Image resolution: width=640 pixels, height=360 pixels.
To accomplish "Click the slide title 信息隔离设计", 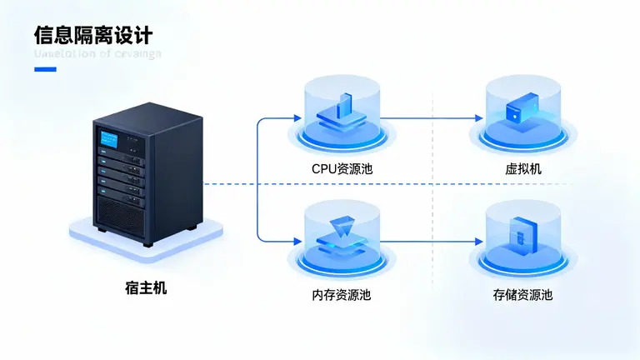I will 93,34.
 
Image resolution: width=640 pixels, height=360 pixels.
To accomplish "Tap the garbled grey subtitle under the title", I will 97,54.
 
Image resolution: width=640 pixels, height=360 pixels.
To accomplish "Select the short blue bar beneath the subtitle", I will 45,69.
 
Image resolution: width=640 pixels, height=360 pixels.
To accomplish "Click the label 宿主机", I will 146,288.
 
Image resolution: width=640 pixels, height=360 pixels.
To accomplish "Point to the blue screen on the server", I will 107,138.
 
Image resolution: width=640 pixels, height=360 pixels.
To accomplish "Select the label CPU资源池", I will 342,168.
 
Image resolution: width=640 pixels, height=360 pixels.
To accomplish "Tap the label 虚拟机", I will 523,168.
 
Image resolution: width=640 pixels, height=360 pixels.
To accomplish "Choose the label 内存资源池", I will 342,295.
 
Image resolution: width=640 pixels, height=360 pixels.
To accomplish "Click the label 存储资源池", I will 522,295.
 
